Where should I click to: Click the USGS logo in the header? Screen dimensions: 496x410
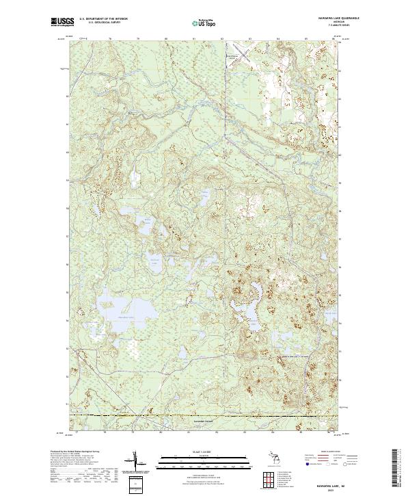click(x=62, y=22)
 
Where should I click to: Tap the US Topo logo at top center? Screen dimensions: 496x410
click(x=204, y=23)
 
